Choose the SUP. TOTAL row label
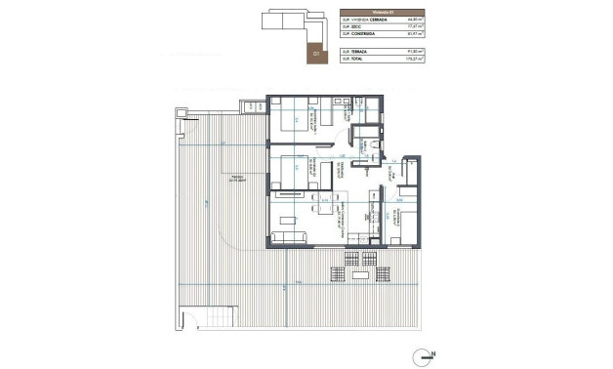coord(353,58)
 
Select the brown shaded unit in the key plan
coord(311,54)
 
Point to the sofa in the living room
coord(290,236)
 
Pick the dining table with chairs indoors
coord(322,207)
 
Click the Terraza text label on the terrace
coord(232,178)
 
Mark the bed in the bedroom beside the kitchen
coord(398,215)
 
